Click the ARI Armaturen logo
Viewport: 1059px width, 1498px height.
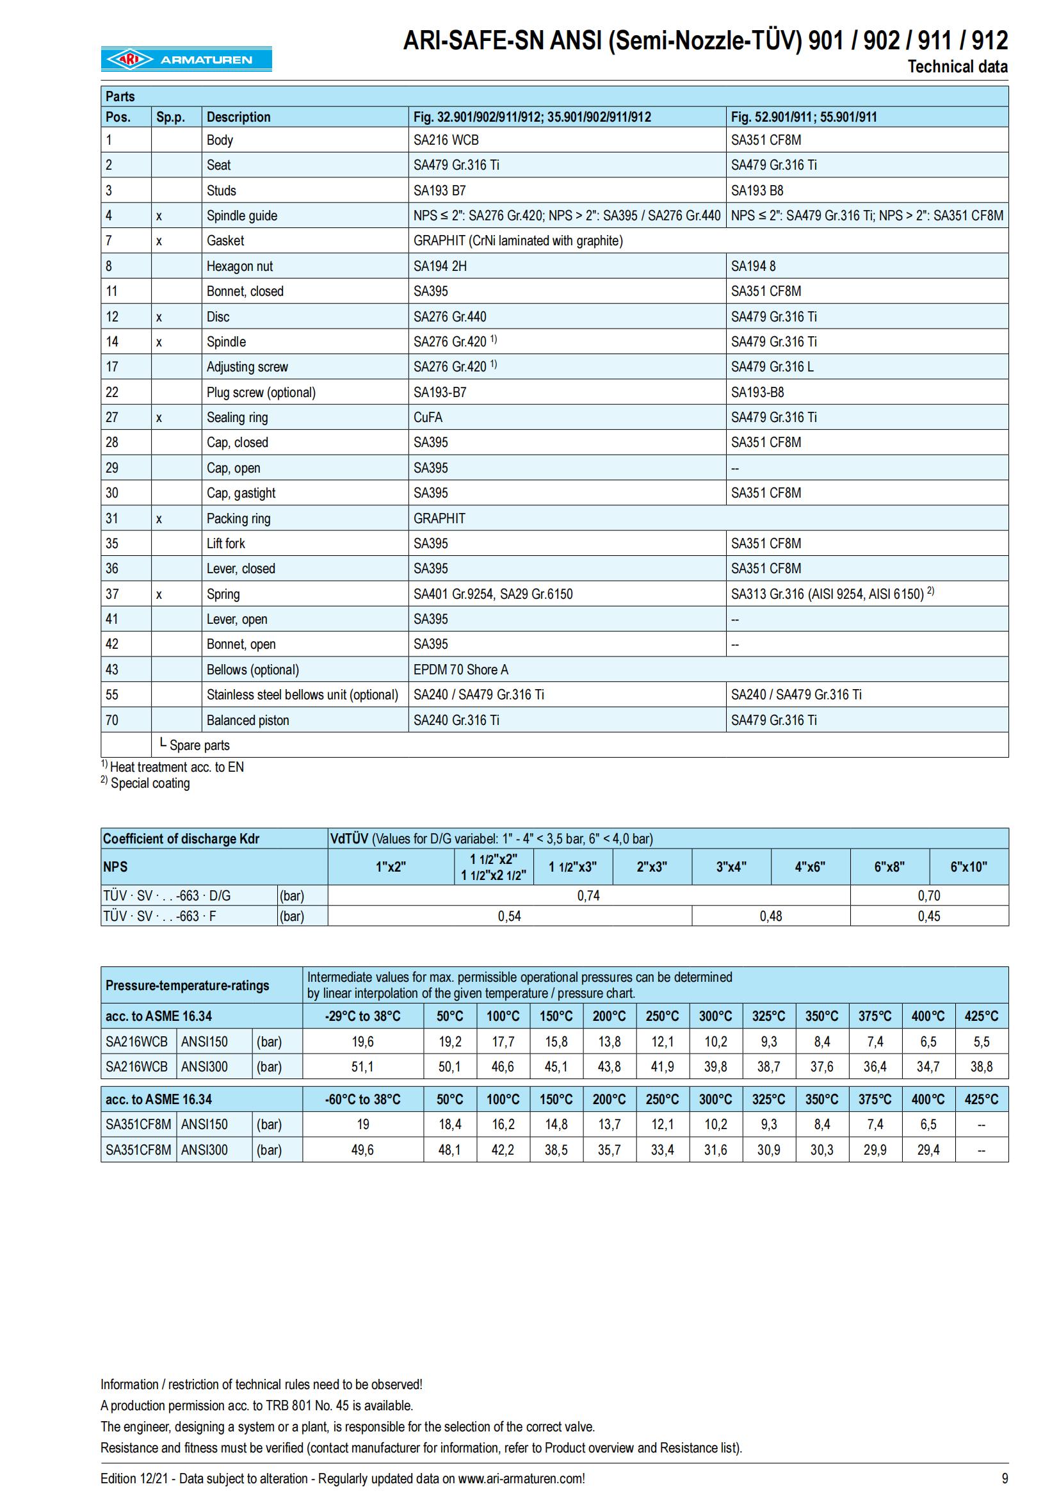click(186, 60)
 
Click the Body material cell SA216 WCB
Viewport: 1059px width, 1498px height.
click(446, 140)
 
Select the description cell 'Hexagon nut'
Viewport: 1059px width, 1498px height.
click(239, 266)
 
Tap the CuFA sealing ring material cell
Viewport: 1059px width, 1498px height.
click(427, 418)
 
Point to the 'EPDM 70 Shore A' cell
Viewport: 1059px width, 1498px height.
click(460, 670)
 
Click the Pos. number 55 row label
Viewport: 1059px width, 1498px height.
click(112, 695)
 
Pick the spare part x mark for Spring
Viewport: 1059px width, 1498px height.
click(158, 594)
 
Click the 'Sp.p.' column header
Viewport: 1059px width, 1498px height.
click(170, 117)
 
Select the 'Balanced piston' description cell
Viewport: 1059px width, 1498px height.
click(248, 721)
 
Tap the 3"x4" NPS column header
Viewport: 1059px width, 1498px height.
click(731, 867)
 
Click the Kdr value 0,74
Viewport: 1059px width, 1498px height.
click(588, 896)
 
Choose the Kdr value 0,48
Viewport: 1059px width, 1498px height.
click(771, 916)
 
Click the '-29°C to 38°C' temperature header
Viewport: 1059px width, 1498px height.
click(362, 1016)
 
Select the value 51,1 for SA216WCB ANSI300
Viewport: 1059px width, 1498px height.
click(362, 1067)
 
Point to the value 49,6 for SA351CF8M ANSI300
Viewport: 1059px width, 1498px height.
click(362, 1150)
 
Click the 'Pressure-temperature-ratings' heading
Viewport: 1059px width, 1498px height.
click(187, 985)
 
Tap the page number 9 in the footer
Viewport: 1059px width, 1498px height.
click(1004, 1478)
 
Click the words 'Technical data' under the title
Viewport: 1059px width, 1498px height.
click(957, 67)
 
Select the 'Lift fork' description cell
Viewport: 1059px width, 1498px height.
click(225, 544)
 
